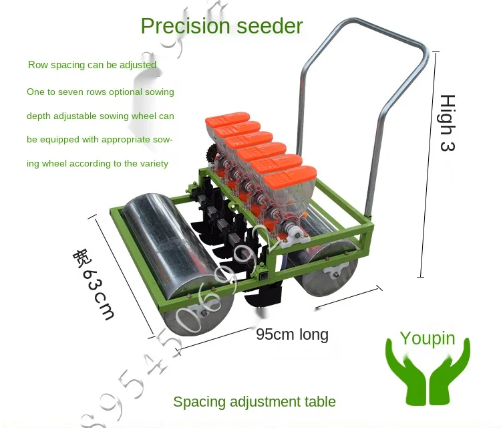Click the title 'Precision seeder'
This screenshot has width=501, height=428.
click(x=221, y=26)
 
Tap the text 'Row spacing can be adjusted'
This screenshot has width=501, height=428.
click(x=92, y=65)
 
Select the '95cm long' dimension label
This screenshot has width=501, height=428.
click(x=292, y=334)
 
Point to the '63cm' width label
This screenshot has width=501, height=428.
click(x=94, y=284)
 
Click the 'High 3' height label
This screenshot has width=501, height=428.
click(x=447, y=123)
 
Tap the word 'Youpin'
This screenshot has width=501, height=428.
click(x=427, y=338)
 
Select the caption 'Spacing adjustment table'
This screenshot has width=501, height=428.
click(x=254, y=402)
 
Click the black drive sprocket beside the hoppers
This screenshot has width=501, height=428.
click(x=213, y=153)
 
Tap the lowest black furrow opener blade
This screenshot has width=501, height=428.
click(x=263, y=294)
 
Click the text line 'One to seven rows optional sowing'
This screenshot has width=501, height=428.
click(x=100, y=92)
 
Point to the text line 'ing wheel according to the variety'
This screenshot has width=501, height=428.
click(x=98, y=163)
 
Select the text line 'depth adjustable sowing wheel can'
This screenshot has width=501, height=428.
click(x=100, y=116)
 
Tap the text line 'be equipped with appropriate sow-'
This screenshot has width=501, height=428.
click(x=100, y=140)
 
